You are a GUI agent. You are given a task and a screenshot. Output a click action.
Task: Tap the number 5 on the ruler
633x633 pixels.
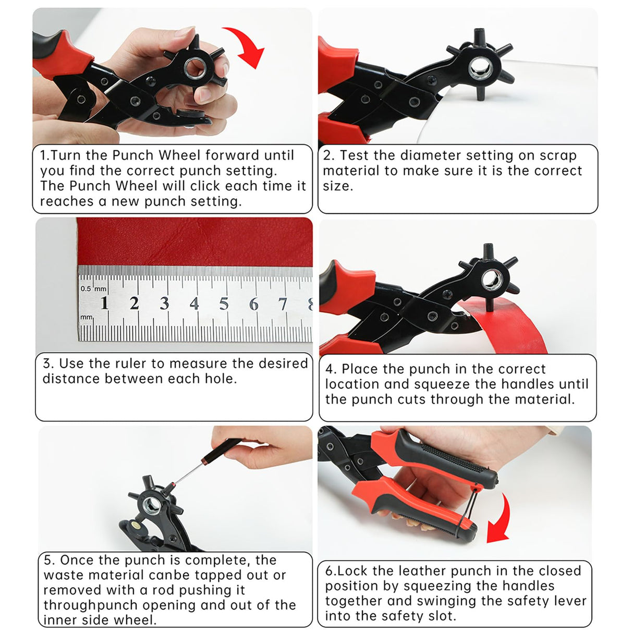coord(224,303)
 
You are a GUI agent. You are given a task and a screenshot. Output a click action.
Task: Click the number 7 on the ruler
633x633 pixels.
coord(283,303)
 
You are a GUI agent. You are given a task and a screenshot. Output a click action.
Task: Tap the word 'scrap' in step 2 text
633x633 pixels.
coord(558,155)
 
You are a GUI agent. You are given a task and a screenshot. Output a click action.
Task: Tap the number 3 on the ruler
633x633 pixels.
coord(164,303)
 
